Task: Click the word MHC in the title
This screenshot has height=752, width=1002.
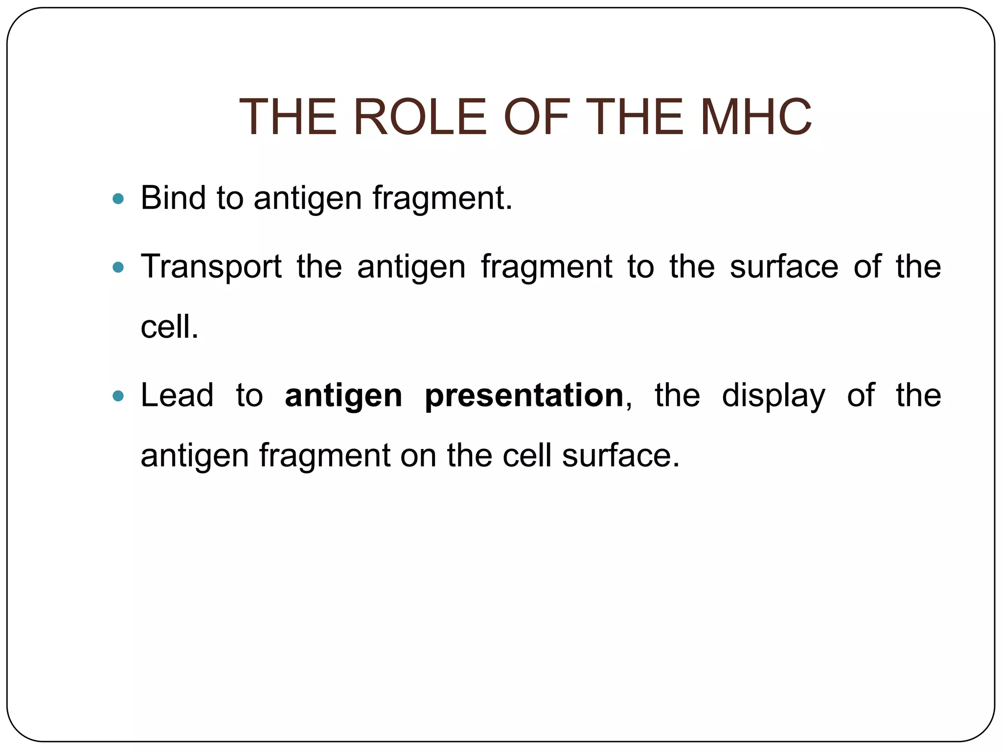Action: (x=756, y=117)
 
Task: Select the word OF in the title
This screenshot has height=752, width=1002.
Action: (x=537, y=117)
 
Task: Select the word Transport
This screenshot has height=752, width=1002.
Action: (x=211, y=267)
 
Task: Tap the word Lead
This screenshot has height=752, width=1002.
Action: (x=177, y=395)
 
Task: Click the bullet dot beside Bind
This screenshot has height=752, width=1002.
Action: (x=118, y=199)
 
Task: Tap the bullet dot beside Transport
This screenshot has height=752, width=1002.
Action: (x=118, y=267)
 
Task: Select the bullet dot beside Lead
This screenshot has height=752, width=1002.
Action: (x=118, y=396)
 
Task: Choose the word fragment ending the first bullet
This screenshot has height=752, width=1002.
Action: (x=442, y=199)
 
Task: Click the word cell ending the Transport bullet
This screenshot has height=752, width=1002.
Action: (x=169, y=327)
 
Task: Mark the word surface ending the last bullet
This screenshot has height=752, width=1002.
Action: (x=620, y=455)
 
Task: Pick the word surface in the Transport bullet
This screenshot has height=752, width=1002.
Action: (x=784, y=267)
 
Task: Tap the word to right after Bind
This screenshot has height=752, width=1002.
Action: (x=230, y=199)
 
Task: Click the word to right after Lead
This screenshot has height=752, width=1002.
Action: (x=250, y=396)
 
